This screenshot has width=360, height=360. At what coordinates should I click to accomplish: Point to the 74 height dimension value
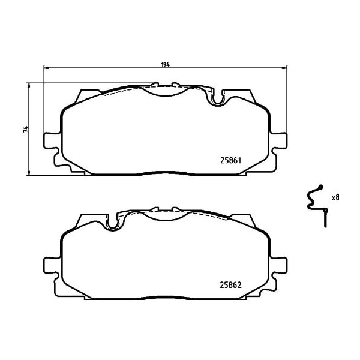(25, 129)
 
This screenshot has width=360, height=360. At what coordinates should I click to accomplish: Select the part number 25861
(231, 160)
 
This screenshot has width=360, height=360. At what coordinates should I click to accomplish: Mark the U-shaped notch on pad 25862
(112, 223)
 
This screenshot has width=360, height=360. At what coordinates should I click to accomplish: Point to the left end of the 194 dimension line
(44, 68)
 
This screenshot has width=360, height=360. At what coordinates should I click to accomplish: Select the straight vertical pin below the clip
(325, 218)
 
